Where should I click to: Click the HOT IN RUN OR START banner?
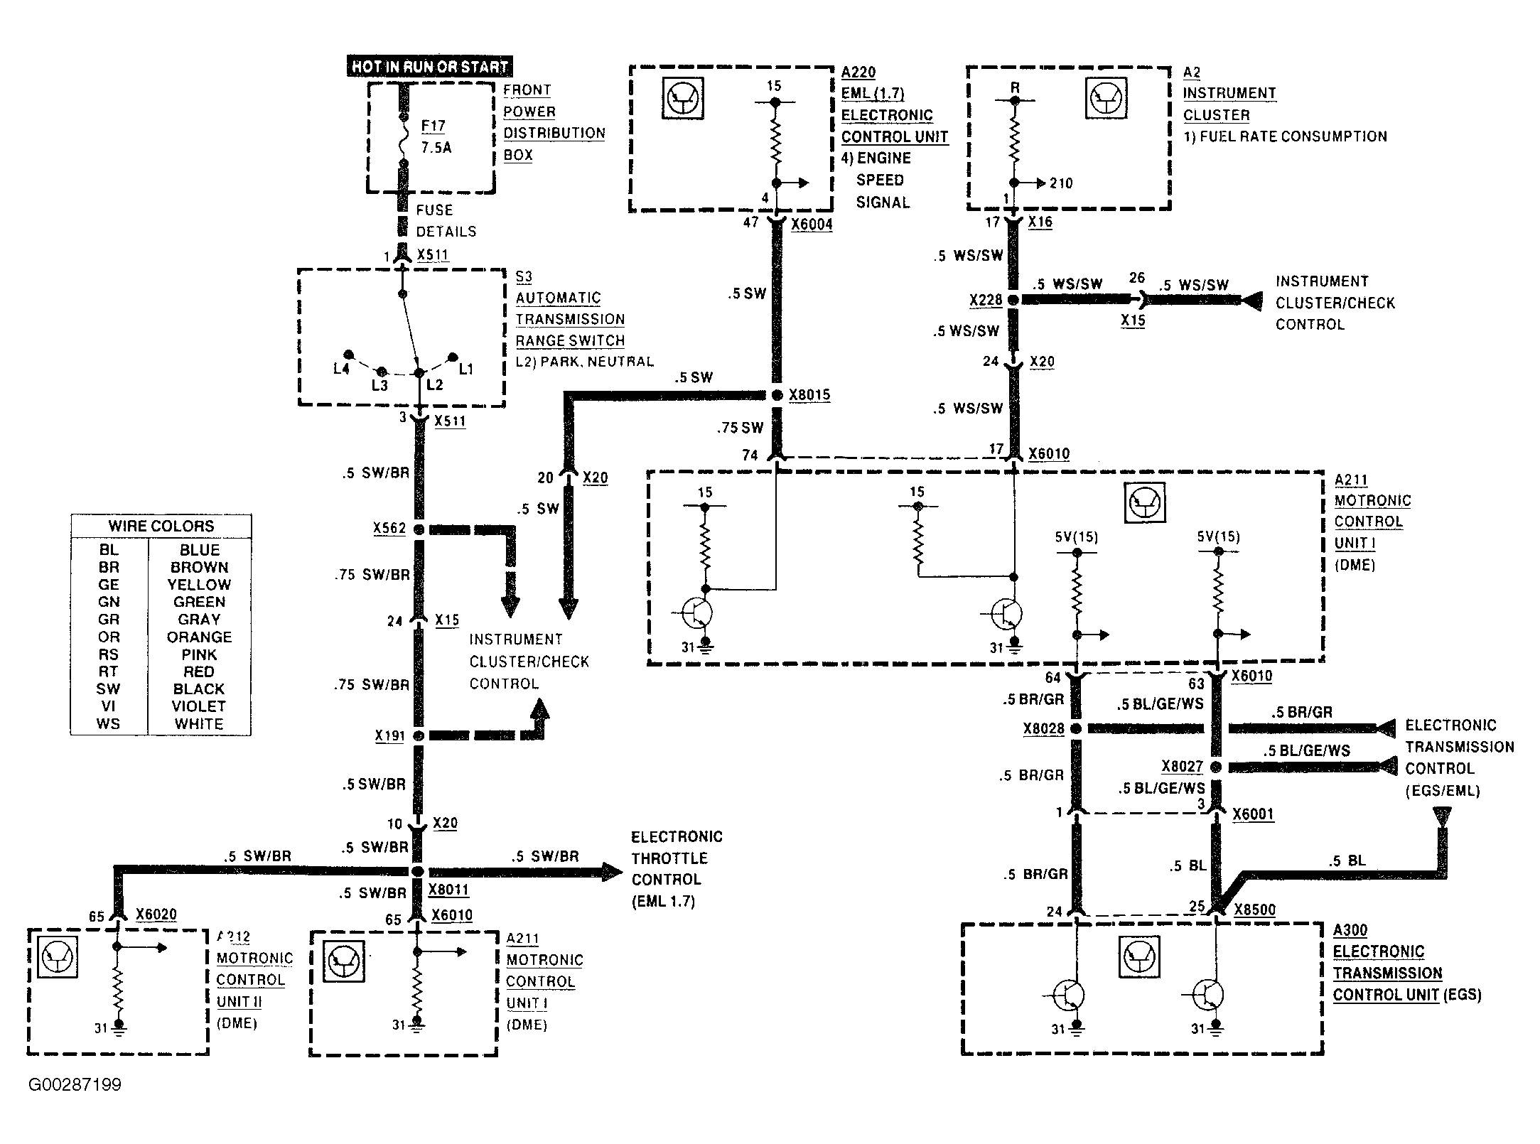430,67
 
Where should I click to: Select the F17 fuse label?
433,126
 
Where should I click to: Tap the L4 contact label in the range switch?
341,369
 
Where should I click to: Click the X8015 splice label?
809,394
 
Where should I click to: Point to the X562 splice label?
389,528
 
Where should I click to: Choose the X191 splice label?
389,735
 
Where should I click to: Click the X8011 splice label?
448,889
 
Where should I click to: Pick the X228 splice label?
986,300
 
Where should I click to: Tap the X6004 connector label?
812,225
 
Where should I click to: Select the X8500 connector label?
1255,910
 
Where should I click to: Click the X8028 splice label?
1044,728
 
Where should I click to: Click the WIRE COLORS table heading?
161,526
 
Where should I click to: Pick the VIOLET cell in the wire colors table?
199,706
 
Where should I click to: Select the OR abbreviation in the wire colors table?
109,637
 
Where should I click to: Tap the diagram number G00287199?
75,1085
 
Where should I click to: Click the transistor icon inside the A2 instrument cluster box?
1106,97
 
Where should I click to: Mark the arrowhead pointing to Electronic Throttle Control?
613,871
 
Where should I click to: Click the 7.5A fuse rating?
436,148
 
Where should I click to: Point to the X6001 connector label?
1254,814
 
